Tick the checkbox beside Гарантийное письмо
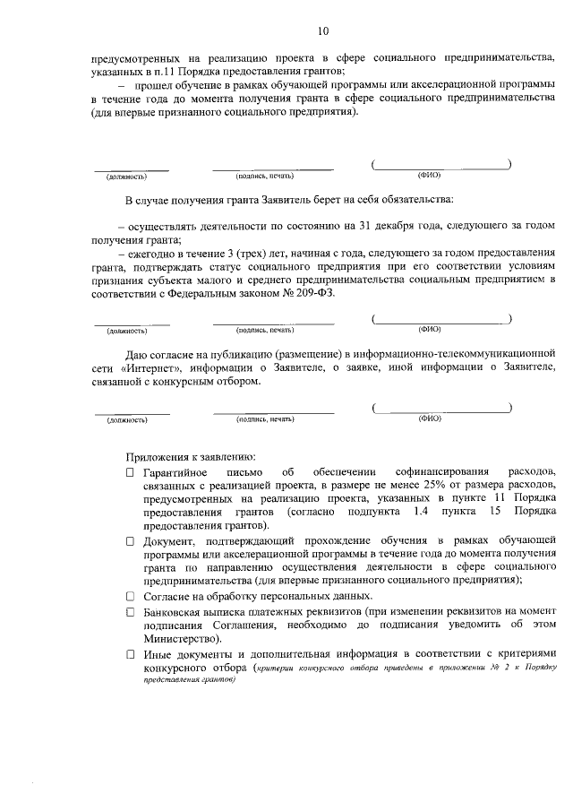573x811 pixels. [x=131, y=471]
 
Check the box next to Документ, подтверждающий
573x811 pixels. [x=131, y=542]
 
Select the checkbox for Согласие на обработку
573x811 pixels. [x=131, y=597]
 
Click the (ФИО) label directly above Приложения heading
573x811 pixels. [x=430, y=418]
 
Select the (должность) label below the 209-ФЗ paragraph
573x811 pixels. [x=126, y=332]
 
